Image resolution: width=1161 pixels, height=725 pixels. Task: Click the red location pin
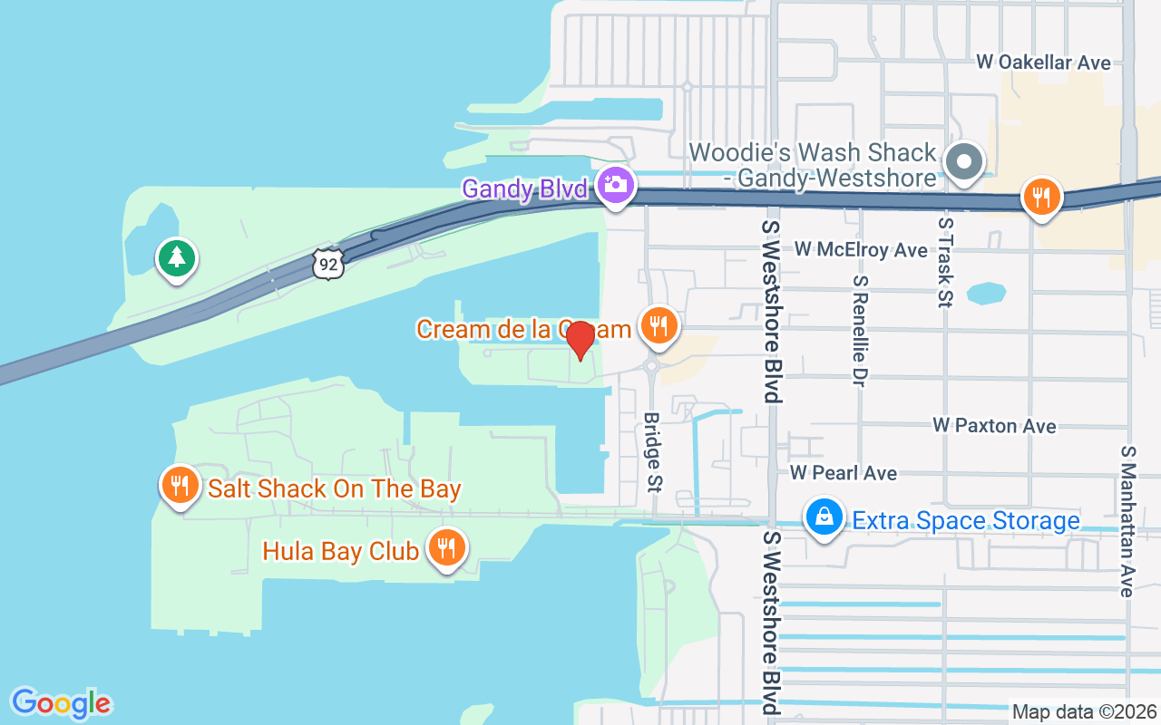[580, 341]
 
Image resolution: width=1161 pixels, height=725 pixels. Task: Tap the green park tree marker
[177, 258]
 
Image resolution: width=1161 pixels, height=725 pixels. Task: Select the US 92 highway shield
[327, 264]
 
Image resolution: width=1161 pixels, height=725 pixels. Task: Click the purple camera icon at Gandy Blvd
[616, 185]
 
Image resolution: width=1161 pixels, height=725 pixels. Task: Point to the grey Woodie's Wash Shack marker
[964, 163]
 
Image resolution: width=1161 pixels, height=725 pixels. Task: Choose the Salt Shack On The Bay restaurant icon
[180, 486]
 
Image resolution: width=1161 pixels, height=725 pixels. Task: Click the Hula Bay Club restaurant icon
[445, 547]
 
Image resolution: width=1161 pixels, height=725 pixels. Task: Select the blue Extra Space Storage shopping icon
[824, 517]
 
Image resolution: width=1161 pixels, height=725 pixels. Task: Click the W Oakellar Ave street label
[1043, 63]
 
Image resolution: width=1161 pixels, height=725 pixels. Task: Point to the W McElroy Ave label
[861, 249]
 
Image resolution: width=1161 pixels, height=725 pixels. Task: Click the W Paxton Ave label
[994, 426]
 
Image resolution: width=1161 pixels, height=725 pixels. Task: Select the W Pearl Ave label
[843, 473]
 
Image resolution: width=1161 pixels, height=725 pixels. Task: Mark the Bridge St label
[651, 452]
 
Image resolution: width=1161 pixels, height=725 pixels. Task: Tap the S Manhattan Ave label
[1127, 520]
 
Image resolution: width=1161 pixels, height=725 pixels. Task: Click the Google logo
[62, 703]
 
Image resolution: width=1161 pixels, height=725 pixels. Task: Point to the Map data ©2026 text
[1084, 711]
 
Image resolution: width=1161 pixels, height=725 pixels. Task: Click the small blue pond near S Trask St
[987, 294]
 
